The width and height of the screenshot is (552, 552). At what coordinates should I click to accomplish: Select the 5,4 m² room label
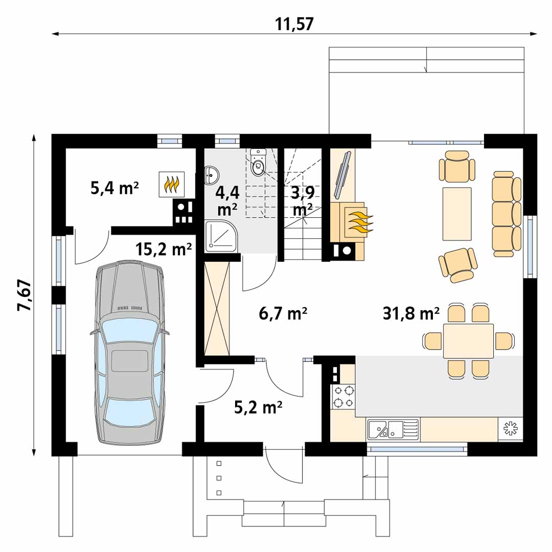pos(114,188)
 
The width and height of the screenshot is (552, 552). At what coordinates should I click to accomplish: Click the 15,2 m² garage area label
pos(164,249)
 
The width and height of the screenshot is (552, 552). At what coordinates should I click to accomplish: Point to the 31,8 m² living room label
pos(411,313)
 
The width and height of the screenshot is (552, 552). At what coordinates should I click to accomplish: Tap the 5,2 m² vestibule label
pos(258,407)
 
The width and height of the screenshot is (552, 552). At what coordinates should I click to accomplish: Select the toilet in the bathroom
pos(259,164)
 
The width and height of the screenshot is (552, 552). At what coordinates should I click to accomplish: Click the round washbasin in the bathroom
pos(211,175)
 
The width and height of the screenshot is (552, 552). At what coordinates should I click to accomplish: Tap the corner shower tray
pos(220,236)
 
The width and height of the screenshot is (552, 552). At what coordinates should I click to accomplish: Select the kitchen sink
pos(392,429)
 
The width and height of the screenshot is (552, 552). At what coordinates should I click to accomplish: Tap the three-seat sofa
pos(507,214)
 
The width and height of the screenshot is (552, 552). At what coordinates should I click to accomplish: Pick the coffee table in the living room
pos(457,213)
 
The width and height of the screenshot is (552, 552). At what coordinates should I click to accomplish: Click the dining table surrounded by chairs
pos(468,340)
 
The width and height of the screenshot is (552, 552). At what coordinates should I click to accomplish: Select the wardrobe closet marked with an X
pos(217,309)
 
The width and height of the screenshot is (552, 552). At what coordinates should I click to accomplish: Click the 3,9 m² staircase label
pos(302,200)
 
